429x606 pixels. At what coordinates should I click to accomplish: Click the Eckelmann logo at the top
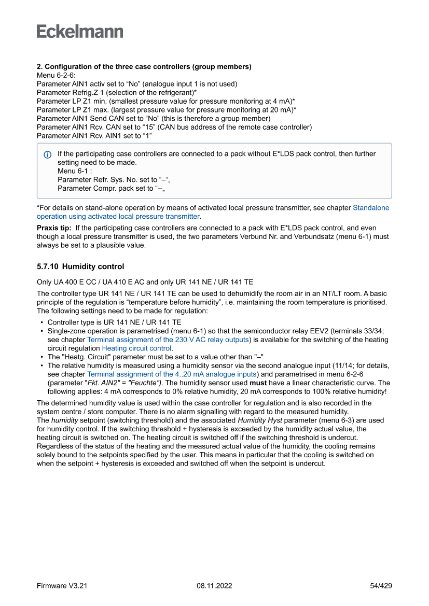click(x=80, y=32)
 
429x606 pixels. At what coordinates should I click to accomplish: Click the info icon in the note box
click(x=48, y=154)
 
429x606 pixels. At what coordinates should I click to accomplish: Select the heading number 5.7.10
click(x=47, y=266)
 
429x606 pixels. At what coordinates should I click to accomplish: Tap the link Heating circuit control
click(x=136, y=348)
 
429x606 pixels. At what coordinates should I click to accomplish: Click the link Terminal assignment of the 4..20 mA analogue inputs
click(x=172, y=374)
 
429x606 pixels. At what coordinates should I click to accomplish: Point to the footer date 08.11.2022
click(x=214, y=586)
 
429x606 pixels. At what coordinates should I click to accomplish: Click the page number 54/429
click(x=381, y=586)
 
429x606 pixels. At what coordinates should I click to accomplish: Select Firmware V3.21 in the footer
click(x=62, y=586)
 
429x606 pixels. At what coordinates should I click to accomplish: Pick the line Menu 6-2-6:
click(x=56, y=75)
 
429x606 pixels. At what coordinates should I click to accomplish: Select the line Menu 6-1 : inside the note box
click(x=75, y=171)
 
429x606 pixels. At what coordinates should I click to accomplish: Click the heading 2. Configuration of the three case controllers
click(x=144, y=67)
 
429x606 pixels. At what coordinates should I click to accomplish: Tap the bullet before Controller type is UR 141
click(x=41, y=322)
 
